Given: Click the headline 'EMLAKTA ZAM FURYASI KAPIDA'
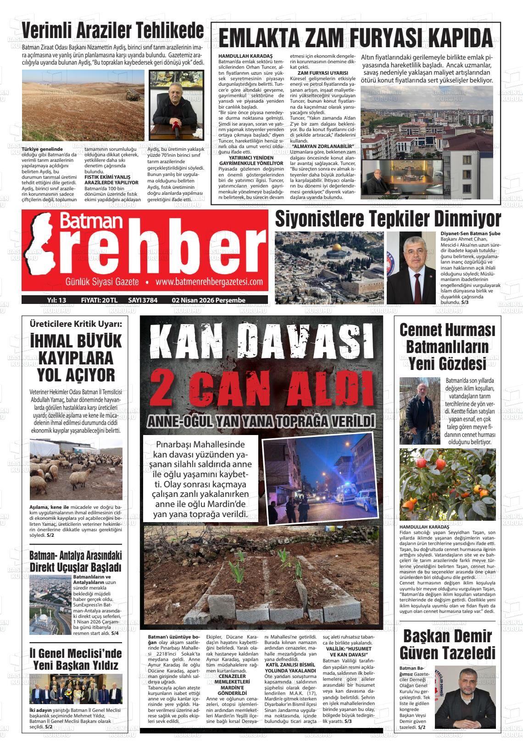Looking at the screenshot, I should click(356, 38).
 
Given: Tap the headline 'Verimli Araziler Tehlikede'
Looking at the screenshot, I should click(113, 31).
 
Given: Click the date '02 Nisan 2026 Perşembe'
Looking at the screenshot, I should click(209, 300).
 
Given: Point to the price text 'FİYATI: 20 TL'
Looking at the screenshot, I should click(99, 300).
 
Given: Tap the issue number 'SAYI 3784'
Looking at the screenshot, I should click(143, 300).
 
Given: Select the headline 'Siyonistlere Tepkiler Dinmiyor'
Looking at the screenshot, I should click(388, 219).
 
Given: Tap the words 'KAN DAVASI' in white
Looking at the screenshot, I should click(261, 344).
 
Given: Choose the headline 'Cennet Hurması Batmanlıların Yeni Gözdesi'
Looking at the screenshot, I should click(447, 347).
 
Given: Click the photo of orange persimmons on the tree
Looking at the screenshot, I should click(447, 484).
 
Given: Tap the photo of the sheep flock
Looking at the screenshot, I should click(76, 469).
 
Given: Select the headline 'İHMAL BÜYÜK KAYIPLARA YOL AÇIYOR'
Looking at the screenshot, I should click(76, 358).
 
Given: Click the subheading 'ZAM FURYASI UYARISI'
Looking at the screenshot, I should click(323, 73).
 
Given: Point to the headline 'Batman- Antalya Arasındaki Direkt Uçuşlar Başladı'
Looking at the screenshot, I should click(76, 561).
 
